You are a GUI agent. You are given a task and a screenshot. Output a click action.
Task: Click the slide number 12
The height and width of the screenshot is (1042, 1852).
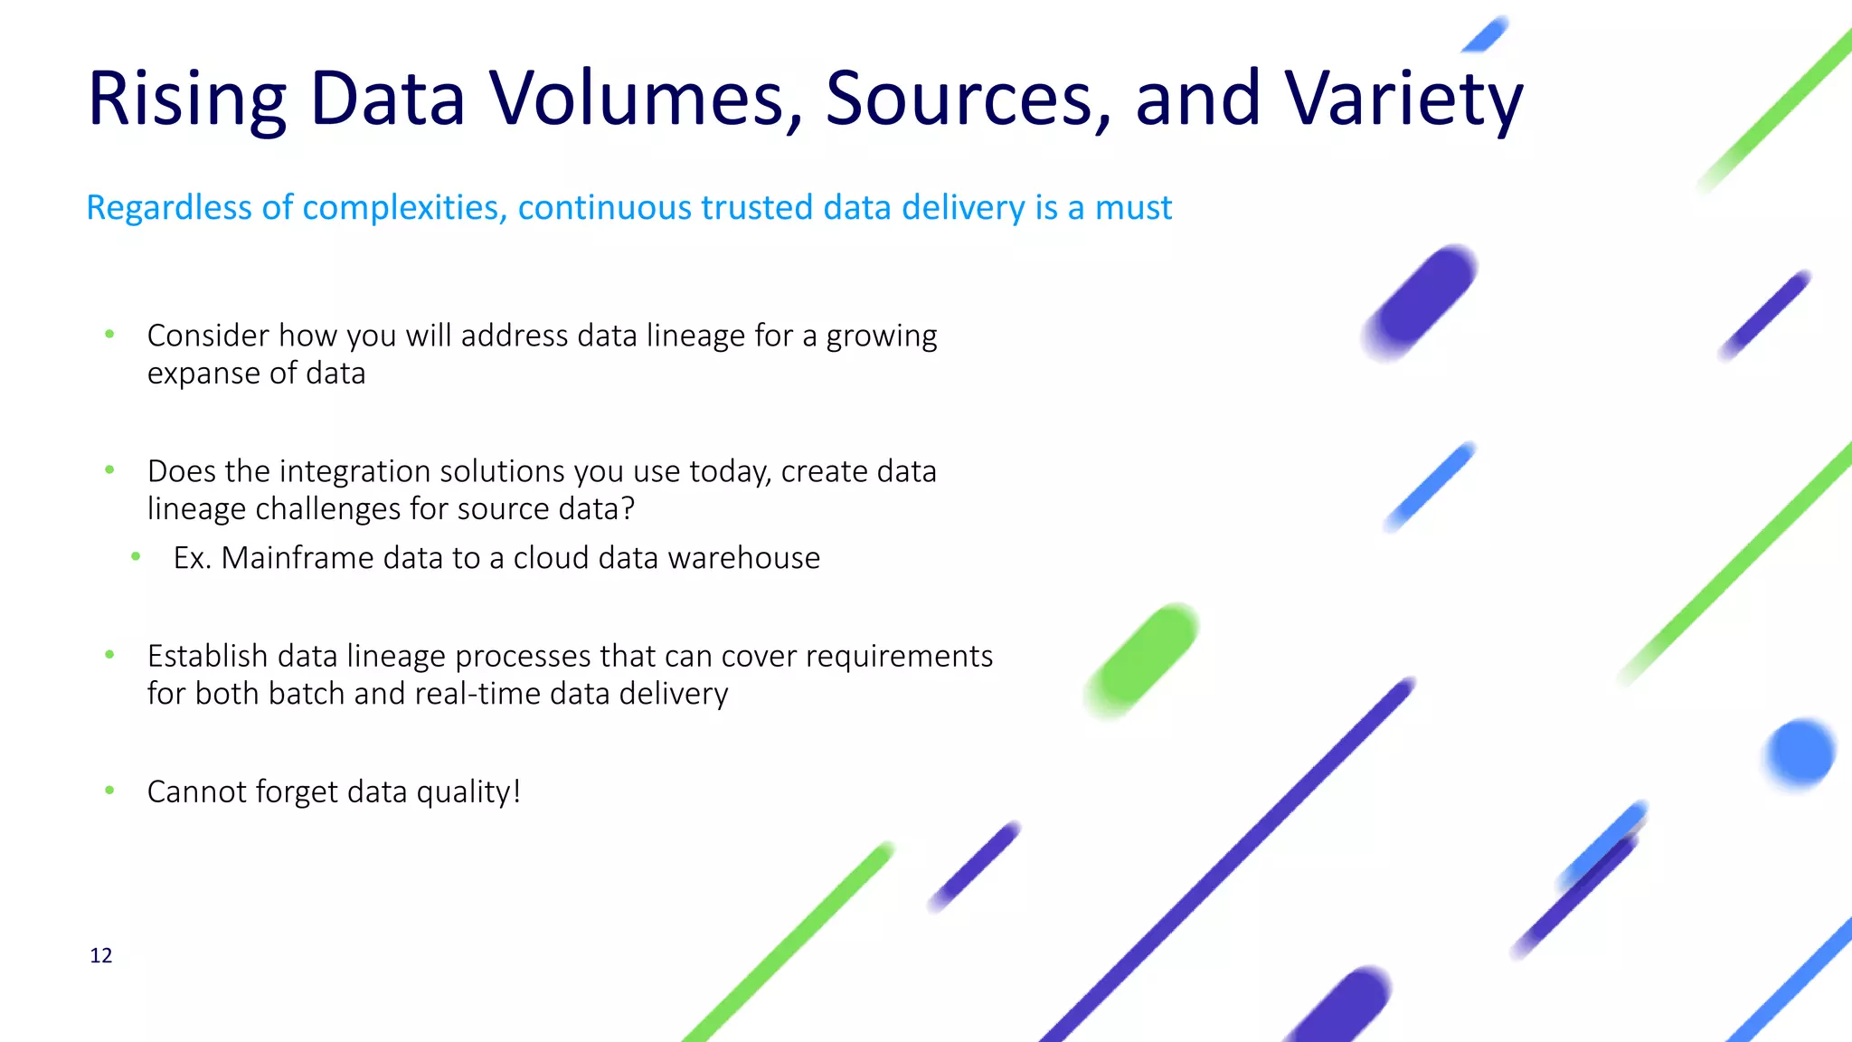point(101,956)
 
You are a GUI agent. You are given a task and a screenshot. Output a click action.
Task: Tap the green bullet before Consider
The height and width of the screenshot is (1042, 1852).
point(109,335)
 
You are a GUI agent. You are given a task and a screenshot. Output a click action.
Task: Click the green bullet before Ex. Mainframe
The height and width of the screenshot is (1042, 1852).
point(136,557)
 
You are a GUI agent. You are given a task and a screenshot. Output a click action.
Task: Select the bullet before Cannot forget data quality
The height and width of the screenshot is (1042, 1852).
point(109,791)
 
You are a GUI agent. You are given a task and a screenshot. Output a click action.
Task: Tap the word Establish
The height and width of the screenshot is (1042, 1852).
point(207,656)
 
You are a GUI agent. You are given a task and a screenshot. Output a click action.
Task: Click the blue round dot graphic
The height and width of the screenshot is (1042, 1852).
point(1800,753)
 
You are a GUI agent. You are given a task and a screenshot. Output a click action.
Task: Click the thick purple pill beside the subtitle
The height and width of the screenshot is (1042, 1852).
point(1421,302)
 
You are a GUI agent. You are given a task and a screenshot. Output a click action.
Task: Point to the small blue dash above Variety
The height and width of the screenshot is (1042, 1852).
point(1485,35)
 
